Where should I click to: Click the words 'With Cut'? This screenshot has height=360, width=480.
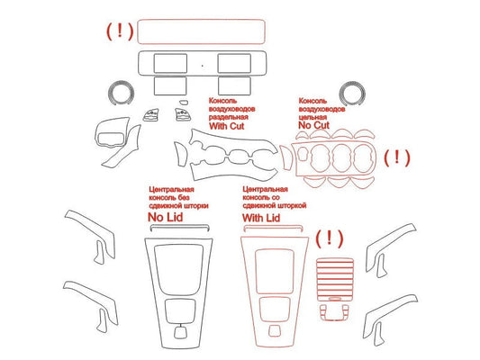[227, 126]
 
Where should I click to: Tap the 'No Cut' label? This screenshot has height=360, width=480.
[313, 125]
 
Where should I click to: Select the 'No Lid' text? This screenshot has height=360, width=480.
[166, 218]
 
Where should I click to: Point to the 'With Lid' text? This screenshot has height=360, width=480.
[261, 218]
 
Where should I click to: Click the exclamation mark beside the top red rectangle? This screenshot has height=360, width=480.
[120, 31]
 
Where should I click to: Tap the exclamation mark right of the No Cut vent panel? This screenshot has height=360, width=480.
[397, 157]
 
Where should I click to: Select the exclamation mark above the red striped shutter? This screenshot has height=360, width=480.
[329, 238]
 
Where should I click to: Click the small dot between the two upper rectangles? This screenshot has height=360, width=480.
[202, 66]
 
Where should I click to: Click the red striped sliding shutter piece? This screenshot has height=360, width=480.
[335, 279]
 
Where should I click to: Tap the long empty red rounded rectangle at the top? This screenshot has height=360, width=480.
[201, 20]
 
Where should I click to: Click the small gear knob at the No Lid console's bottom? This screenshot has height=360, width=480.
[181, 332]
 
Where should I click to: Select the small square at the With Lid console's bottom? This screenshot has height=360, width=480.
[274, 330]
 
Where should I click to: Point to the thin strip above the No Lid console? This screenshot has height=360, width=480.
[180, 226]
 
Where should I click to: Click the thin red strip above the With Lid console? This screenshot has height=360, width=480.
[273, 227]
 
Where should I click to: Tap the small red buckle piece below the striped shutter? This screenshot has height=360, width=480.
[334, 312]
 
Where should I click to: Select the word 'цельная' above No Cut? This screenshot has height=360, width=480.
[312, 117]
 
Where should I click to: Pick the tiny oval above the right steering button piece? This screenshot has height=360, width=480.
[184, 103]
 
